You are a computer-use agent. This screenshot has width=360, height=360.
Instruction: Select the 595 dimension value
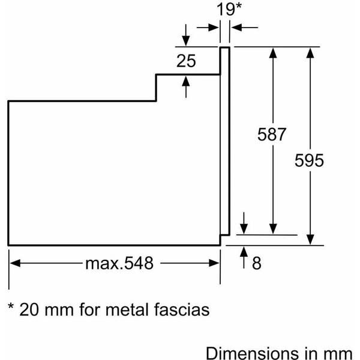click(x=310, y=160)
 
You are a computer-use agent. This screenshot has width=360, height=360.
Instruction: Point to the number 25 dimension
click(x=187, y=61)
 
